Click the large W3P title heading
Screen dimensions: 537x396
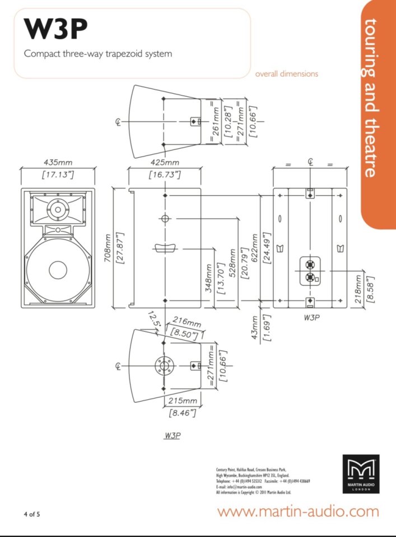tap(56, 30)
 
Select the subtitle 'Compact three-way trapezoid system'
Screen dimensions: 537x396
tap(97, 54)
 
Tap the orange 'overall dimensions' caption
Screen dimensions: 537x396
tap(286, 73)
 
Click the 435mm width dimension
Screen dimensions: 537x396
tap(58, 163)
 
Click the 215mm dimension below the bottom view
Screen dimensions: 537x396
tap(182, 401)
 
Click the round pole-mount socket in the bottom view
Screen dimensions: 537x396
tap(164, 366)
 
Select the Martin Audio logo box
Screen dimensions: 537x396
tap(361, 473)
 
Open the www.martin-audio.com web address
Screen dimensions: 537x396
tap(298, 511)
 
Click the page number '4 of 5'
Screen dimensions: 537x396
tap(31, 514)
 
